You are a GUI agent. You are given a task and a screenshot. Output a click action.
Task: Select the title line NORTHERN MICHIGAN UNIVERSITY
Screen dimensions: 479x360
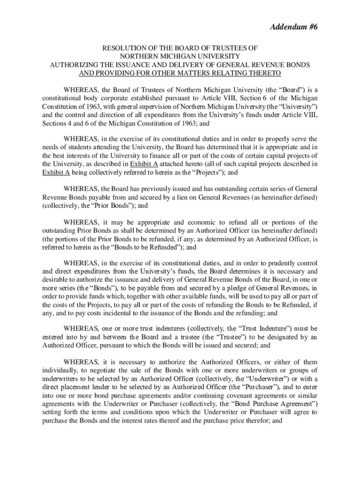tap(180, 56)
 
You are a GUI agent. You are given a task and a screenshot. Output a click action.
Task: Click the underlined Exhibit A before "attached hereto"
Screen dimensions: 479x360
tap(143, 164)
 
